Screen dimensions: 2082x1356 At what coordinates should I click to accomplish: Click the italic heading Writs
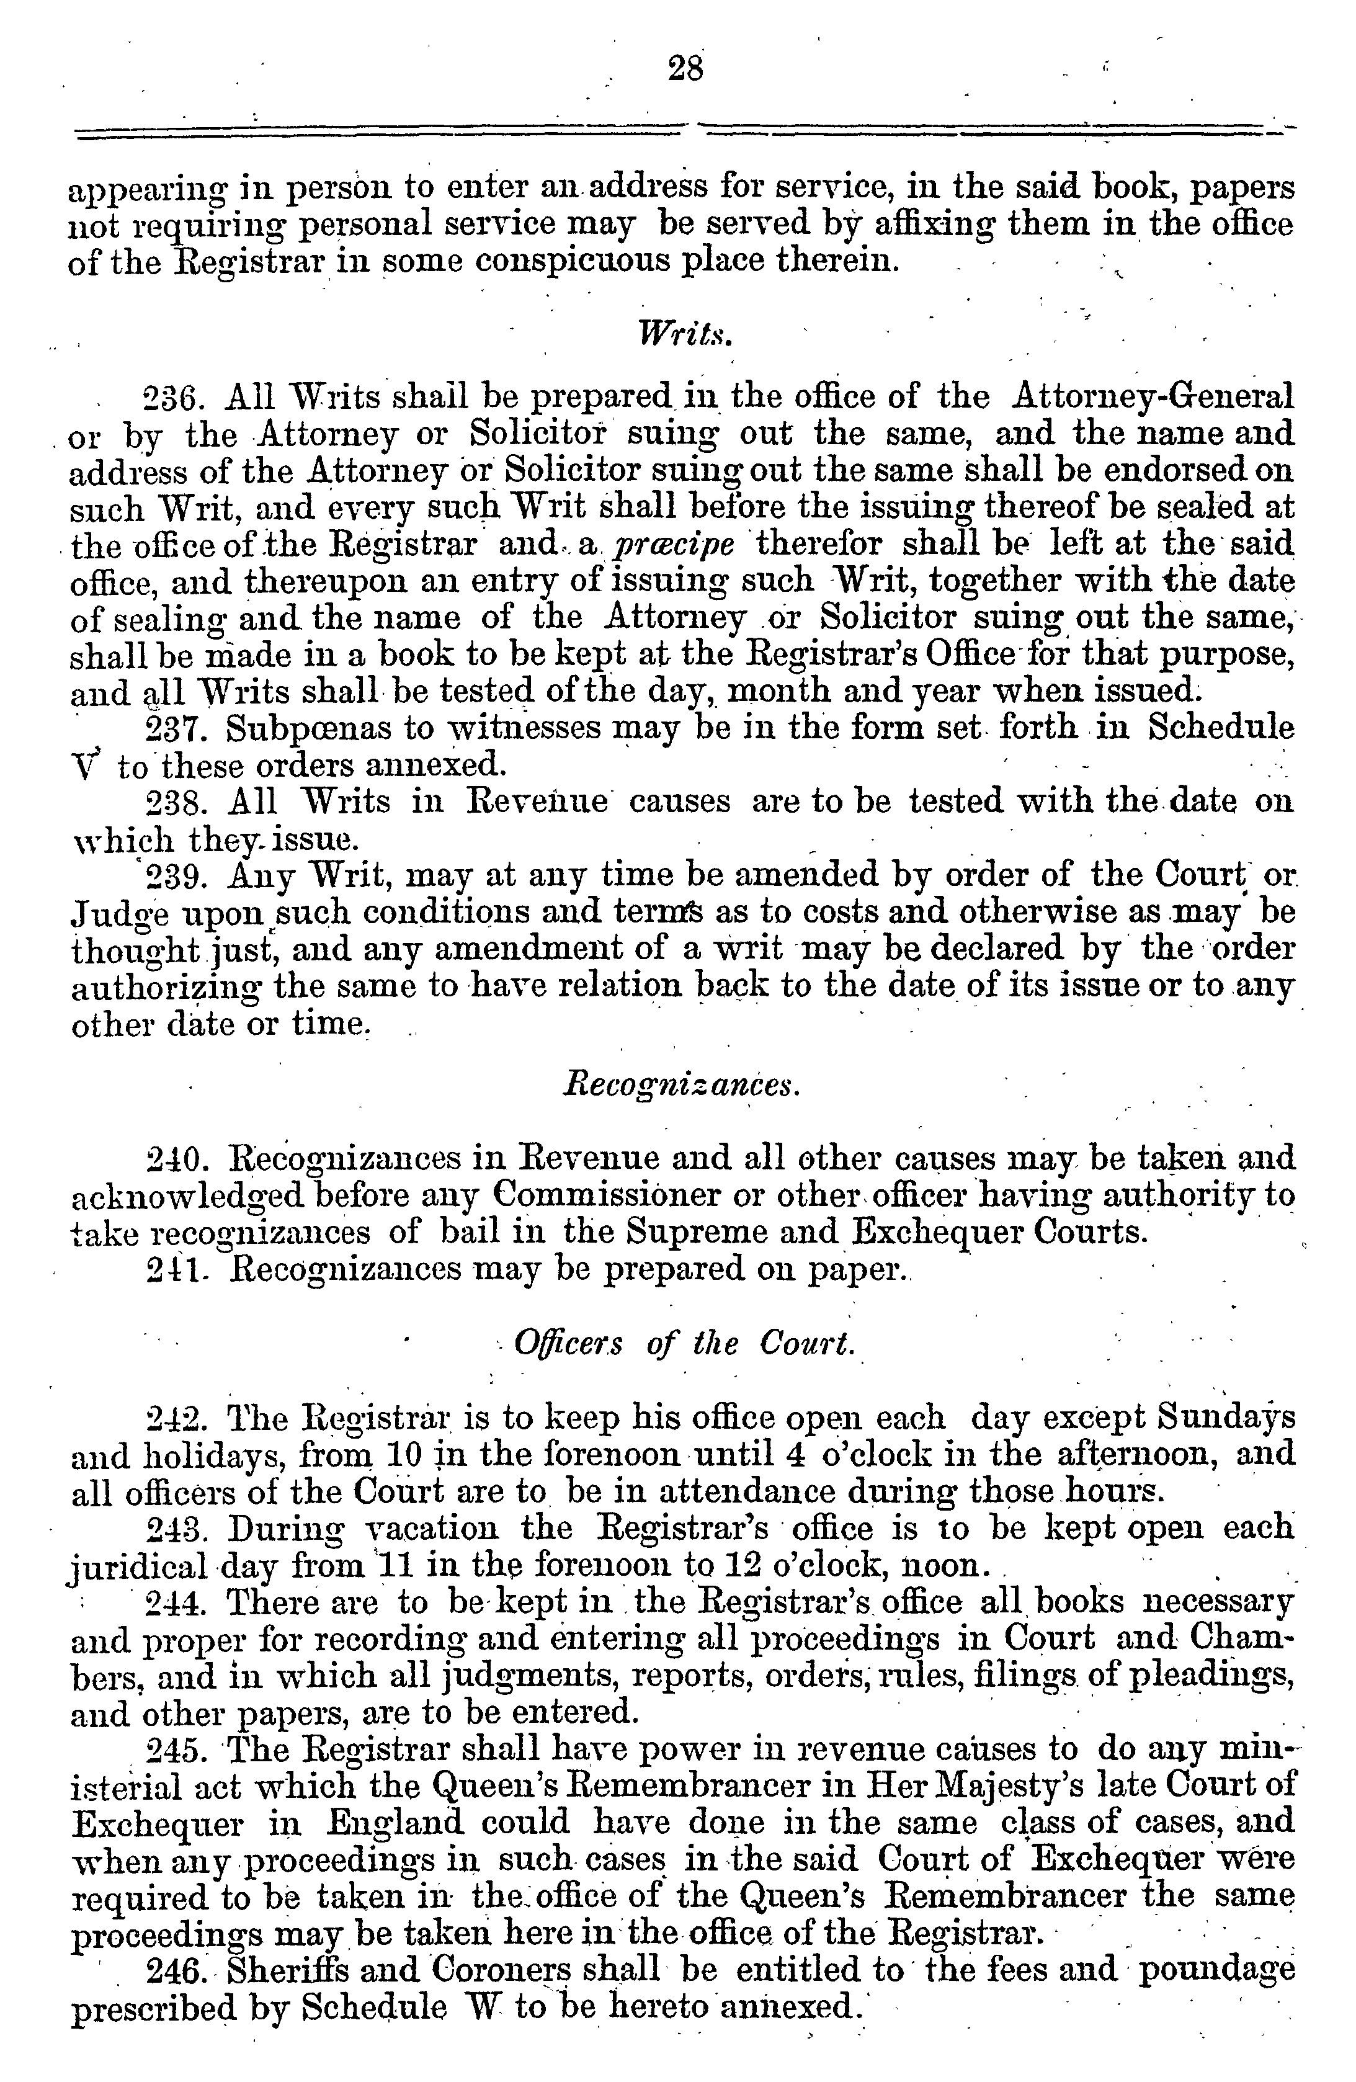coord(684,333)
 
